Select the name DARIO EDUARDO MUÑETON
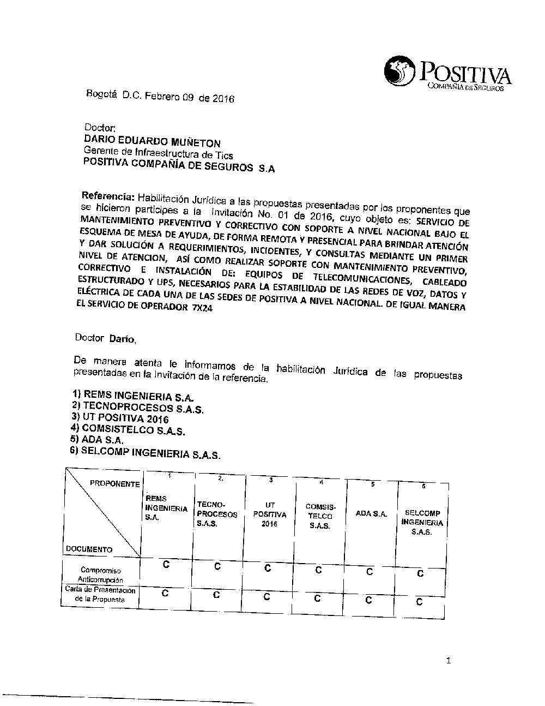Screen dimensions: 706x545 coord(152,142)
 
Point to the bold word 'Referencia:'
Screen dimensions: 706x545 coord(107,195)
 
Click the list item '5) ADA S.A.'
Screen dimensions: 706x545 coord(98,440)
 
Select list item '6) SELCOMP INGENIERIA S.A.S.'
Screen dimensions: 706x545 coord(146,453)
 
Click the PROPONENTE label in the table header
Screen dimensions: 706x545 coord(114,483)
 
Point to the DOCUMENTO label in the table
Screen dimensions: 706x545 coord(89,549)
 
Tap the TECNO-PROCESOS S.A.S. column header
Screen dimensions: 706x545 coord(217,513)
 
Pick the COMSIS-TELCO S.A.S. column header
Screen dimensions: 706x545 coord(319,516)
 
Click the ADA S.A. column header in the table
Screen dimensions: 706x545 coord(371,513)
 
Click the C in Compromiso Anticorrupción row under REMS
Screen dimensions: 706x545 coord(166,565)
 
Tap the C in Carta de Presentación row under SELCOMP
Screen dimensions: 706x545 coord(419,602)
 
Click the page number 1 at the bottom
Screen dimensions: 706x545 coord(448,661)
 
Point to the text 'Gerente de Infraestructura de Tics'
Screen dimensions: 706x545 coord(159,153)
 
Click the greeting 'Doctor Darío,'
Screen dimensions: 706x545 coord(106,338)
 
